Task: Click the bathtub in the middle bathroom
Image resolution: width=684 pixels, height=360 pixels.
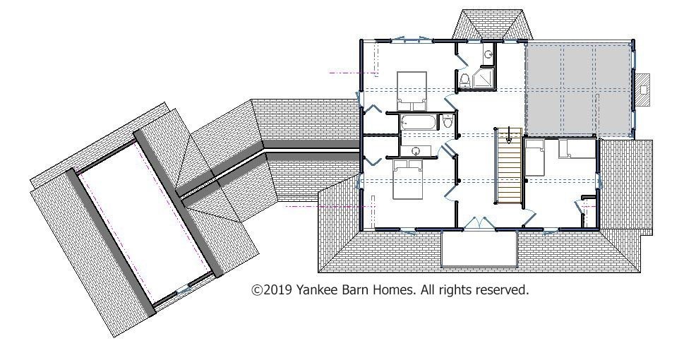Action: click(x=418, y=123)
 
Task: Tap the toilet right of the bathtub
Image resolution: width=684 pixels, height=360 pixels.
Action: click(x=447, y=121)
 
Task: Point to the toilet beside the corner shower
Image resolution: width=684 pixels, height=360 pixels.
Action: click(x=464, y=80)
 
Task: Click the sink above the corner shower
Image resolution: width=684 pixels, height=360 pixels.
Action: click(x=489, y=54)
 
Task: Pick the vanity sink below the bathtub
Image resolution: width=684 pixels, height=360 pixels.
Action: click(x=416, y=151)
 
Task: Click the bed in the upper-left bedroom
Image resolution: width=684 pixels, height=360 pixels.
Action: click(x=412, y=91)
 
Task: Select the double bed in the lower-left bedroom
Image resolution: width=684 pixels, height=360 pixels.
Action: click(x=407, y=179)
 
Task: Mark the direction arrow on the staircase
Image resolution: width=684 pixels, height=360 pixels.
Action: click(x=509, y=134)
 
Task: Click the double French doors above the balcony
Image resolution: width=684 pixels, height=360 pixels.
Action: click(x=479, y=223)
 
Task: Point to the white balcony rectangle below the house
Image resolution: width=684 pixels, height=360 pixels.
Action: click(x=479, y=248)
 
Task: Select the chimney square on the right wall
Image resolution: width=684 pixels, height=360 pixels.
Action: click(x=643, y=90)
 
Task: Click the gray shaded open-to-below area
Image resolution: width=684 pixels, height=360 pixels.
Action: click(x=579, y=88)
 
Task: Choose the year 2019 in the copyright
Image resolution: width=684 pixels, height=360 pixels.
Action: click(x=277, y=289)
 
